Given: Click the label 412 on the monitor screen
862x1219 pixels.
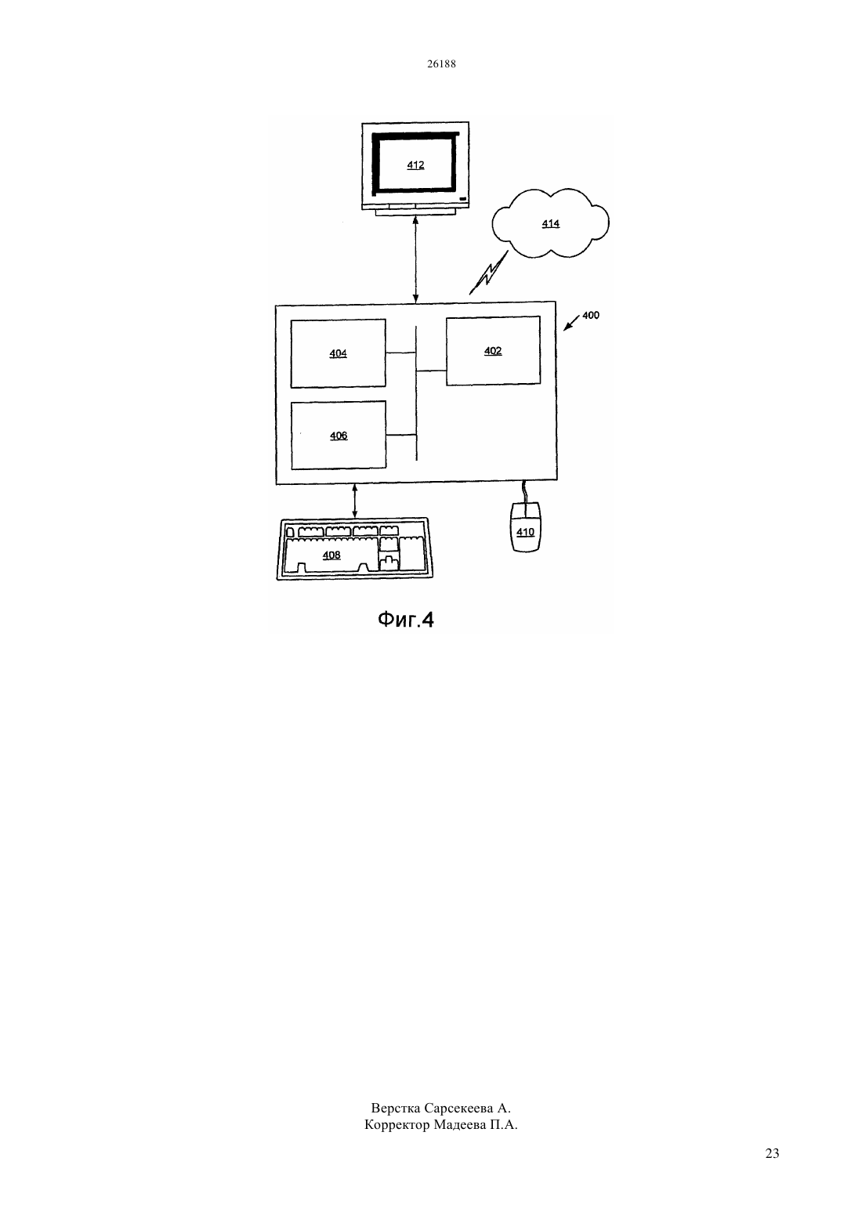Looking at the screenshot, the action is [415, 165].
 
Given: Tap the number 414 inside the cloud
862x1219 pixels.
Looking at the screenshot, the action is [550, 223].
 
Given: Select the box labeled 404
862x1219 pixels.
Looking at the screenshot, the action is [338, 353].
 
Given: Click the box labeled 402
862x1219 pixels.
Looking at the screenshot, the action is [493, 350].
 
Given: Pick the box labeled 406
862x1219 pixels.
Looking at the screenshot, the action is [339, 436].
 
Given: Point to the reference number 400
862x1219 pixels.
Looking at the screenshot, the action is [590, 315].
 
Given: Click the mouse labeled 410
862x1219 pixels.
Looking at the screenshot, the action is [525, 526].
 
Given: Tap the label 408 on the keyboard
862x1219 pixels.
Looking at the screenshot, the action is [331, 555].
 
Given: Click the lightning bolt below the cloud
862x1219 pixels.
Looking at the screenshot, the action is [488, 273].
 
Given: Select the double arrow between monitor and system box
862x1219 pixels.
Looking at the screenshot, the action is [415, 259].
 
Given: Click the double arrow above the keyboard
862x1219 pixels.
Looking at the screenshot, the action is [355, 501].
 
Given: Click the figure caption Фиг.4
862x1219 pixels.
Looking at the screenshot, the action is [405, 620].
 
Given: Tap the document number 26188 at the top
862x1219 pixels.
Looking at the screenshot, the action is [441, 63].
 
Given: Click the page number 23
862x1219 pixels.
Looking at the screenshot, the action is [772, 1153].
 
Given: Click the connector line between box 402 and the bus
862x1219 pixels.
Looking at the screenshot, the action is [432, 371].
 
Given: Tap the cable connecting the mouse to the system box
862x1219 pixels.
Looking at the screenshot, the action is [524, 492].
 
